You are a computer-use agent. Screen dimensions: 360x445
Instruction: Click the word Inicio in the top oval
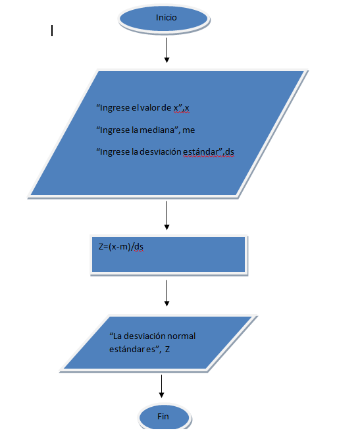pos(167,18)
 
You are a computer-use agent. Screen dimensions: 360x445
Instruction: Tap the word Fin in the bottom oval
pos(163,416)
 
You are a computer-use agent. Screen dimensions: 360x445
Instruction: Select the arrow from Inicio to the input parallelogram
pos(167,50)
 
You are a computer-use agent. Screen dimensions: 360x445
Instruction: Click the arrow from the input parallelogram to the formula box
pos(167,215)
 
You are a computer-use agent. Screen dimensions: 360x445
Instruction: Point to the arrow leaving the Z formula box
pos(167,293)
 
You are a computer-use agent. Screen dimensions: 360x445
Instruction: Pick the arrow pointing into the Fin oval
pos(161,386)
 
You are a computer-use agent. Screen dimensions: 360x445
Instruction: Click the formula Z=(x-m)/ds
pos(121,247)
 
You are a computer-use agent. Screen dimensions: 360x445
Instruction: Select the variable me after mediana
pos(189,130)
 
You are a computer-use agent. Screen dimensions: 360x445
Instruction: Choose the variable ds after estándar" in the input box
pos(230,152)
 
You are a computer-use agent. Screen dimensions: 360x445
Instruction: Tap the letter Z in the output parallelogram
pos(167,350)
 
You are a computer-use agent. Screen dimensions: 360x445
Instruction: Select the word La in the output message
pos(117,336)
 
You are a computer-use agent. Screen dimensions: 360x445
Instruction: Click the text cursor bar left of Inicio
pos(52,31)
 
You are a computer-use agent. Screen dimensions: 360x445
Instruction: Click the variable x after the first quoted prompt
pos(187,108)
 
